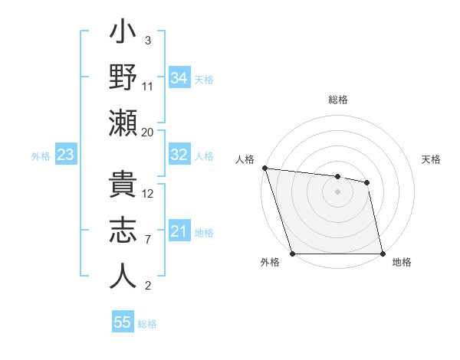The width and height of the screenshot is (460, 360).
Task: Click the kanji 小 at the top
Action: click(123, 35)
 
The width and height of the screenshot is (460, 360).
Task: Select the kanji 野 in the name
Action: click(123, 78)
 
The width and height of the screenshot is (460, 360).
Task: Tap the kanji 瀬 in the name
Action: click(123, 123)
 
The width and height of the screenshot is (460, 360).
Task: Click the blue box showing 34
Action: click(179, 77)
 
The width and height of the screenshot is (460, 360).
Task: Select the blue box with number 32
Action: click(179, 155)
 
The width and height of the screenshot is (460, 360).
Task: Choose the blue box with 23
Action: click(65, 155)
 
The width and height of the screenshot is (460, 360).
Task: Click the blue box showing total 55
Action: click(123, 322)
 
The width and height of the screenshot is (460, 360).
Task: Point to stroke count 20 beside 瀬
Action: click(147, 133)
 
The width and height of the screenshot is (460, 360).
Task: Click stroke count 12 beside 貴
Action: click(148, 193)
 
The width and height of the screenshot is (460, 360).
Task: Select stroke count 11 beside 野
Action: click(148, 87)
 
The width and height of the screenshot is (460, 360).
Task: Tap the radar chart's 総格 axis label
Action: click(338, 100)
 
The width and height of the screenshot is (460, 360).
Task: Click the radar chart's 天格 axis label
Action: click(432, 159)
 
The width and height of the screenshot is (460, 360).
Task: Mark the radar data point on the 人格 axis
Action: click(264, 168)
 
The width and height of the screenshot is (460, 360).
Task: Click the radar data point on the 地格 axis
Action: click(383, 254)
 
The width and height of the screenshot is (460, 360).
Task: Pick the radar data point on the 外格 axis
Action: click(293, 254)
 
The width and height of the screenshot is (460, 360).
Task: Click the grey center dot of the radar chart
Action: click(338, 191)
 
